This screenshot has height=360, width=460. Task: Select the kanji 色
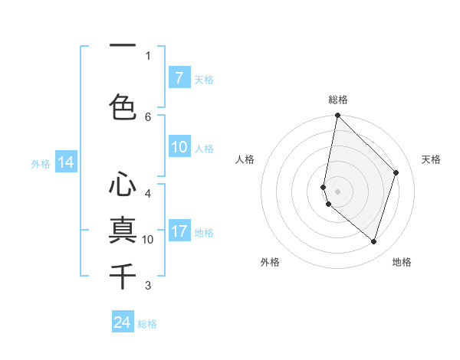coord(123,106)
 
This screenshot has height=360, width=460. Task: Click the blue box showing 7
coord(179,78)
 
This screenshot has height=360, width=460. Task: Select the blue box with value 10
coord(179,148)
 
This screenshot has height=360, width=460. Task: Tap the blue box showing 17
coord(179,231)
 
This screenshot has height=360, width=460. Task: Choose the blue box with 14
coord(65,162)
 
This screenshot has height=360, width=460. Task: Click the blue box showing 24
coord(123,322)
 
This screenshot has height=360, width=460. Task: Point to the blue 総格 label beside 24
coord(147,324)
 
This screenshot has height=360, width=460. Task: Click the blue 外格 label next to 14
coord(41,163)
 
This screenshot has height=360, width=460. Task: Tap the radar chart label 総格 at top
coord(338,100)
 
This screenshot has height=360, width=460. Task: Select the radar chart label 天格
coord(431,159)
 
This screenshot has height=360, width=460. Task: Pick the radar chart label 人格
coord(245,159)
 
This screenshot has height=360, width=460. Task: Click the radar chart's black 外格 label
coord(270,262)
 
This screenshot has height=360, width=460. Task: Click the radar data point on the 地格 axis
coord(373,241)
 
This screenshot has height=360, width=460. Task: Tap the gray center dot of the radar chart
coord(338,191)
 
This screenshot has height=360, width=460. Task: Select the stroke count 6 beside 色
coord(148,116)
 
